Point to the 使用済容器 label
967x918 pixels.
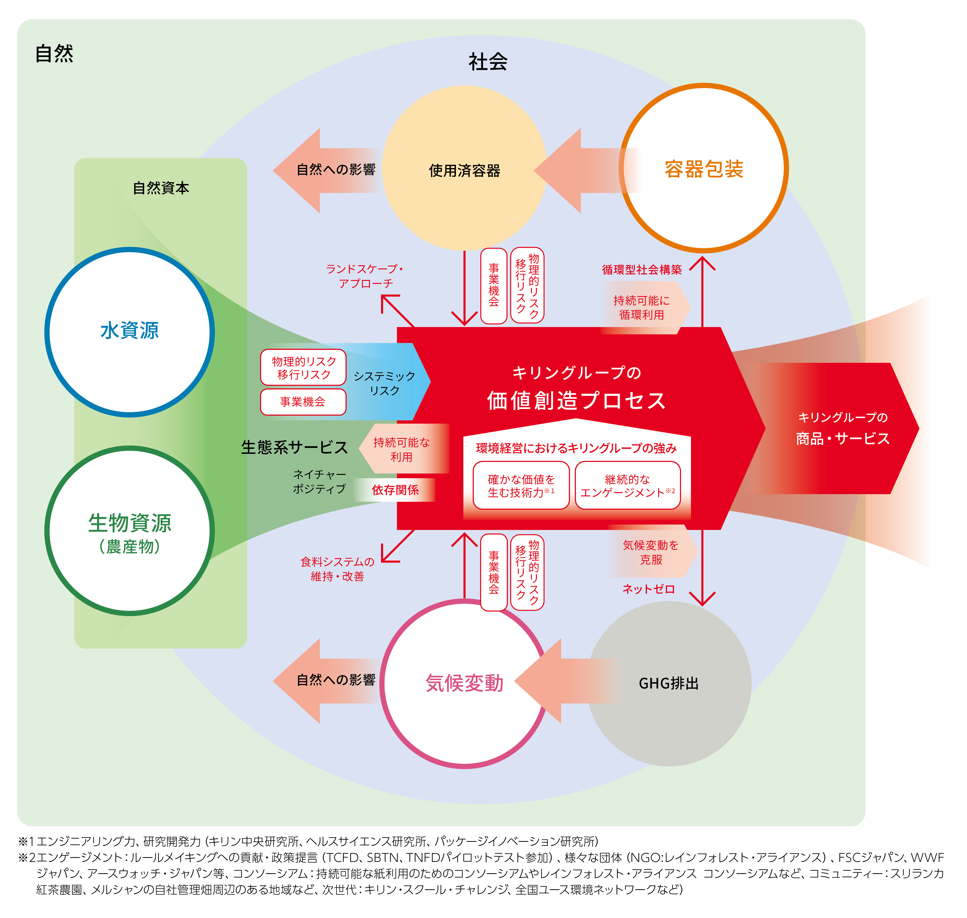[464, 171]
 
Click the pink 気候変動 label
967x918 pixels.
[464, 683]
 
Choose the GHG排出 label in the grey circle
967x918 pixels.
[669, 684]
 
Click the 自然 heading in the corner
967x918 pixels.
[54, 53]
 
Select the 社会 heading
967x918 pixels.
[488, 62]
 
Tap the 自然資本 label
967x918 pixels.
[161, 188]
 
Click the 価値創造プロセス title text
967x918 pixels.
[576, 400]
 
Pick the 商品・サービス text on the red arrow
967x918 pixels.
[842, 438]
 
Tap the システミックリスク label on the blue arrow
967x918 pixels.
[384, 383]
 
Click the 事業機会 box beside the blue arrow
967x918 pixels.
[303, 402]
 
